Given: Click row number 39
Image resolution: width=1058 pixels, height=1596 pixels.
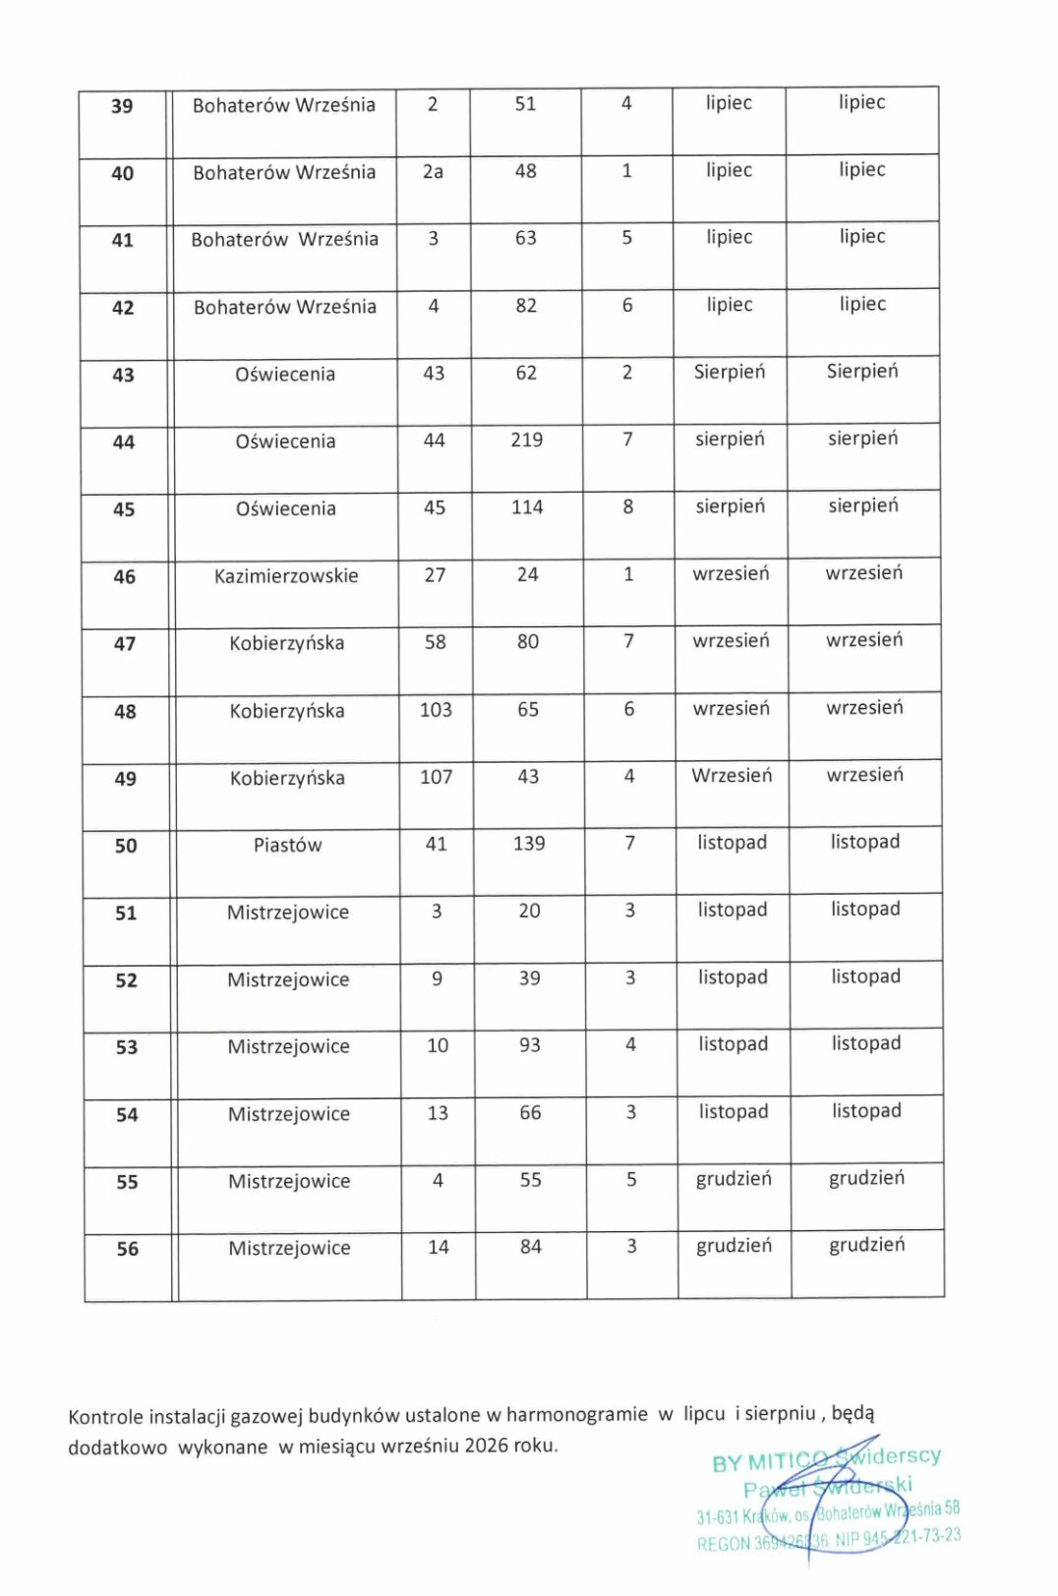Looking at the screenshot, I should [x=122, y=106].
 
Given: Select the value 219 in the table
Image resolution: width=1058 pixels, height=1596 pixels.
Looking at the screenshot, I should [x=526, y=440].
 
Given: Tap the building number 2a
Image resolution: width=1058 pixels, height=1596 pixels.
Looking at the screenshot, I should [x=433, y=171].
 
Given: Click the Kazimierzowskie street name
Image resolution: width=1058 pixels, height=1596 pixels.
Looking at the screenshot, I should [x=286, y=575].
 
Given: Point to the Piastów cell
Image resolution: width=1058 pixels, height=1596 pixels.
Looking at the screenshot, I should [x=287, y=845].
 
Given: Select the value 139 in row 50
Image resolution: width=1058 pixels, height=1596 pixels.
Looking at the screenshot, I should [x=529, y=843].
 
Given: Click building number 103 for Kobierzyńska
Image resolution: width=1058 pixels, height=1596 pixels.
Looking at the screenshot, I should [x=436, y=709].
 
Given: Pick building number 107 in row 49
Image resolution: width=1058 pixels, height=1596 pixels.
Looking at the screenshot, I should [x=436, y=777].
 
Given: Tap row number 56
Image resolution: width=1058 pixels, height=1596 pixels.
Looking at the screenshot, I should [x=128, y=1249].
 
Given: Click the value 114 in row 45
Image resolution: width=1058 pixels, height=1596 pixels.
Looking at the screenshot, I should [x=527, y=507].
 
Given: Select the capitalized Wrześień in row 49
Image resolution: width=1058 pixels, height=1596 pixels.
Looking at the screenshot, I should [x=732, y=775].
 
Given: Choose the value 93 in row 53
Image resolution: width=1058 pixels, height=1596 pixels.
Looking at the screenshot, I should [x=530, y=1045].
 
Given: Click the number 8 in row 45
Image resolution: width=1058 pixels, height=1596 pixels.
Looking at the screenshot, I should [x=628, y=507].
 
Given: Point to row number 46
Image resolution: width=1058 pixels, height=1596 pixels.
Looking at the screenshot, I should [x=125, y=577].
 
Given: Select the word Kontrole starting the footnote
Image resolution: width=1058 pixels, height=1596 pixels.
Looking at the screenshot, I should [x=106, y=1417].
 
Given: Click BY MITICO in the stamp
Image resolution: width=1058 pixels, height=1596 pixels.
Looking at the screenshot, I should [x=762, y=1462].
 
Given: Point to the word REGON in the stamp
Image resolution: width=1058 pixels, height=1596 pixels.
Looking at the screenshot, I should [x=723, y=1544].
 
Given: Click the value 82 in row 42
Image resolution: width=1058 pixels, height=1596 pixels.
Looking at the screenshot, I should [x=526, y=306].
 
